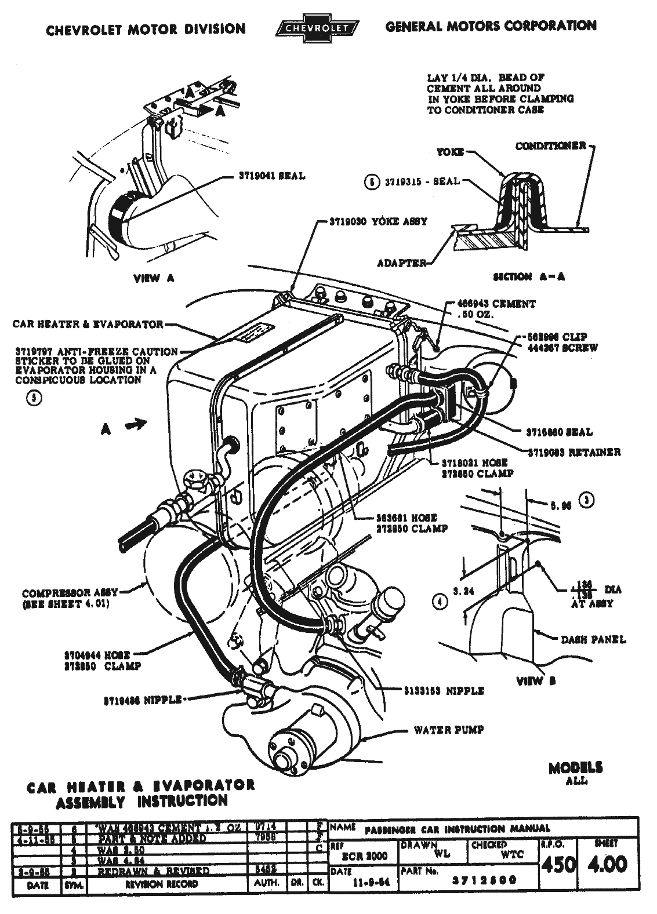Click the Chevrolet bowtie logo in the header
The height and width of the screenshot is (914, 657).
(317, 28)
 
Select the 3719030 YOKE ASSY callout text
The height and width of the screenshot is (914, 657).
(378, 221)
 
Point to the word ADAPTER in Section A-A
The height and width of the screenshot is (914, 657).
(402, 263)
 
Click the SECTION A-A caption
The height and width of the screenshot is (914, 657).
(528, 276)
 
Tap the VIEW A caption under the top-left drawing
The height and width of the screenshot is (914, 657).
(154, 278)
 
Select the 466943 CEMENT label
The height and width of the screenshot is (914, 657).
(496, 304)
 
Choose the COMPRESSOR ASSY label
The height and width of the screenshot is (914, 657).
(70, 593)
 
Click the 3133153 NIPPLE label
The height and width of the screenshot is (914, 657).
(444, 691)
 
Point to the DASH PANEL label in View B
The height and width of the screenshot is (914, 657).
(593, 640)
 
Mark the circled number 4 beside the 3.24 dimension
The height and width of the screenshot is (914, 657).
(442, 602)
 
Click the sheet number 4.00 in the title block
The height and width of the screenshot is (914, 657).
(607, 864)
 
